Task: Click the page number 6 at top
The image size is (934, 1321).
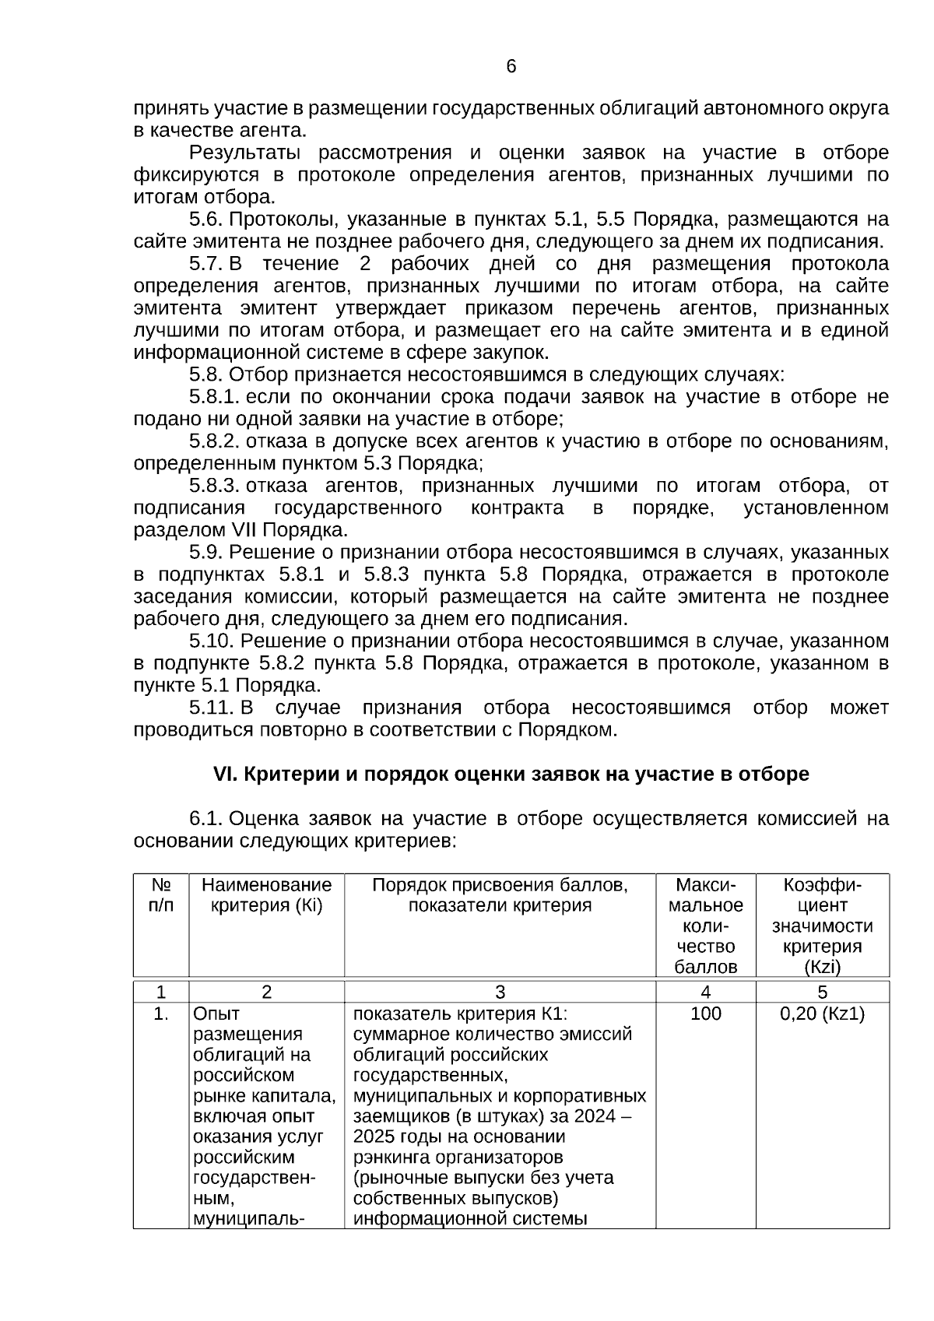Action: (511, 67)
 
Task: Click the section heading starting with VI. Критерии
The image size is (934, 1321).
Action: (511, 775)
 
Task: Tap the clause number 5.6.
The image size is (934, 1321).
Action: (206, 219)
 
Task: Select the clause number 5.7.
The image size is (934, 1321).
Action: (206, 263)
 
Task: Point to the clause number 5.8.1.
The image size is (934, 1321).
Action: (214, 397)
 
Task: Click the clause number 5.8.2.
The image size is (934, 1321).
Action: (214, 441)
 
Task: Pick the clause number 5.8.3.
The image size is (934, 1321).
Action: (214, 486)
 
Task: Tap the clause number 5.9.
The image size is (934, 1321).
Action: (206, 553)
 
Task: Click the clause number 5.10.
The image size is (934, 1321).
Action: (211, 641)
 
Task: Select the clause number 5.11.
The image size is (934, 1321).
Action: (211, 708)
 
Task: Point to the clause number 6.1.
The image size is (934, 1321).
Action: (206, 819)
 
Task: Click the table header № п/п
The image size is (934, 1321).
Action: (161, 895)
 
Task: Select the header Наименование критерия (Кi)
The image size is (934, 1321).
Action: (266, 895)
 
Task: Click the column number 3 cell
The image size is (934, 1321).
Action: (500, 993)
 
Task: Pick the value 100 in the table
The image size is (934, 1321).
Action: (705, 1014)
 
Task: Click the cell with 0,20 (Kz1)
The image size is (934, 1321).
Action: (822, 1014)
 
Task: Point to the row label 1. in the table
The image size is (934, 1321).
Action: (161, 1014)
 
